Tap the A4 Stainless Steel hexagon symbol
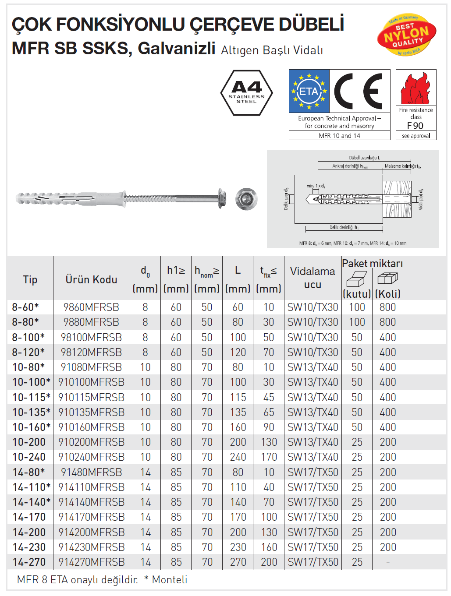(x=247, y=93)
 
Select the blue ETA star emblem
(x=309, y=91)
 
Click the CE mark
(x=359, y=91)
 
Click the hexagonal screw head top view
(x=246, y=199)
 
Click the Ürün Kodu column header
(x=91, y=279)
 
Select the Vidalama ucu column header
(x=313, y=278)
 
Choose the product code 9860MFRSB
(x=91, y=307)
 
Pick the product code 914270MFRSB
(x=91, y=562)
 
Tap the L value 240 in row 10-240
(x=238, y=457)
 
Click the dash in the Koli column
(x=388, y=562)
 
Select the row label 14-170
(x=29, y=517)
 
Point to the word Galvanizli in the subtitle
(x=176, y=48)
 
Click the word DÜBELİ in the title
(x=311, y=25)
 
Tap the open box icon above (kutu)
(x=356, y=278)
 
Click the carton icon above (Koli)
(x=387, y=278)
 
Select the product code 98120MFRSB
(x=91, y=353)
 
